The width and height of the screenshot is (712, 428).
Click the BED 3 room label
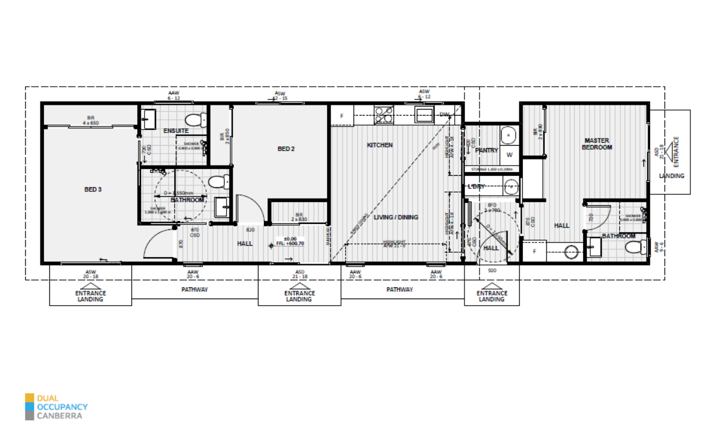pyautogui.click(x=93, y=189)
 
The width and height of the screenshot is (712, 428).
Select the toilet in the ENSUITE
pyautogui.click(x=194, y=119)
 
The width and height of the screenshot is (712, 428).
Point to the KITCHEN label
pyautogui.click(x=380, y=145)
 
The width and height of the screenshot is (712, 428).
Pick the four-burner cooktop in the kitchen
pyautogui.click(x=383, y=114)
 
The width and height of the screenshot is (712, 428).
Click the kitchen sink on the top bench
pyautogui.click(x=425, y=114)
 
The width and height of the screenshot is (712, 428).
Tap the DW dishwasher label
pyautogui.click(x=445, y=114)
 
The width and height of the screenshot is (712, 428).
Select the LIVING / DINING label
pyautogui.click(x=396, y=217)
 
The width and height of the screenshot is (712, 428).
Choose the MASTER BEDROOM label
pyautogui.click(x=598, y=144)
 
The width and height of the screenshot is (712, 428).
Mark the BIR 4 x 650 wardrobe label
pyautogui.click(x=90, y=120)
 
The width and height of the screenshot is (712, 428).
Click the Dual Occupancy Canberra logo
pyautogui.click(x=57, y=406)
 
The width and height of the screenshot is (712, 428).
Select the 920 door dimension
pyautogui.click(x=492, y=271)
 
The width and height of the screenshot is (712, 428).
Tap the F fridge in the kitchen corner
pyautogui.click(x=342, y=116)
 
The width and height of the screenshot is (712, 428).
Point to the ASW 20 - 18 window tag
pyautogui.click(x=91, y=273)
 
